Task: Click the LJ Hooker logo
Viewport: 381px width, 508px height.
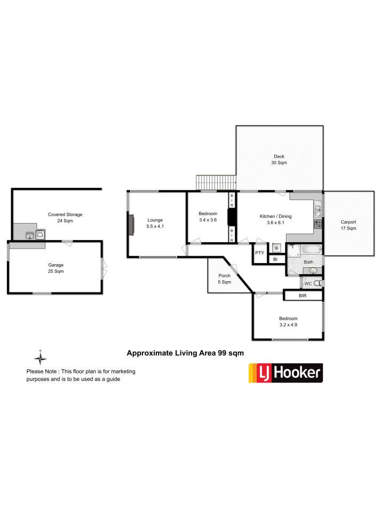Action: tap(285, 373)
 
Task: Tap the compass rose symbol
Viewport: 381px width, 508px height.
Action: tap(40, 358)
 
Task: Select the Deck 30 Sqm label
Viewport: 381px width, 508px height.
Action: tap(279, 160)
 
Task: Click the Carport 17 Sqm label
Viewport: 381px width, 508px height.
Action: tap(348, 225)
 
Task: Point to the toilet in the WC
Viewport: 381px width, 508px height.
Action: tap(318, 283)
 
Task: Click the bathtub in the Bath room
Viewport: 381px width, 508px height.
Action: tap(311, 249)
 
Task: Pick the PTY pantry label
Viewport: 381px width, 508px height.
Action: tap(259, 253)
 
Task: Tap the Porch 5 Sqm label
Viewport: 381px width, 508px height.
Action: tap(225, 279)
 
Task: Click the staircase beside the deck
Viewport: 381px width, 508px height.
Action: tap(216, 182)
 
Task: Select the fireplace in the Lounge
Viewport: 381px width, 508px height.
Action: tap(131, 224)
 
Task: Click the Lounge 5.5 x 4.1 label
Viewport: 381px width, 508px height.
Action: tap(155, 223)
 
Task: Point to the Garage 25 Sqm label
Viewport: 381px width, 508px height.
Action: tap(55, 268)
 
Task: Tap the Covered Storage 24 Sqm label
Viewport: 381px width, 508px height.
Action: tap(65, 218)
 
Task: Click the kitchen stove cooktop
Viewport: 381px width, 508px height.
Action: tap(318, 224)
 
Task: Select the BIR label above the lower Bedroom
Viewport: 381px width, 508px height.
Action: tap(303, 296)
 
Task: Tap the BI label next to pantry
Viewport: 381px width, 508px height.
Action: tap(275, 259)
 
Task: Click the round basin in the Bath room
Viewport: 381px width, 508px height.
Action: tap(313, 271)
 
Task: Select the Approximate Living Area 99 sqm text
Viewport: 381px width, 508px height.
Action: tap(185, 353)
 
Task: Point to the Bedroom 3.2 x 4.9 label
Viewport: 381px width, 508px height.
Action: tap(288, 322)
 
